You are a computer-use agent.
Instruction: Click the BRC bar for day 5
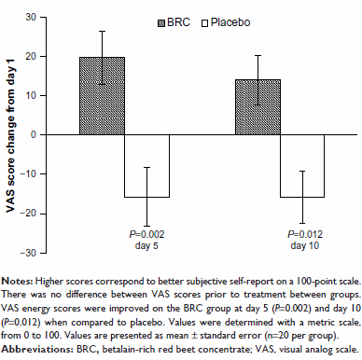coord(102,96)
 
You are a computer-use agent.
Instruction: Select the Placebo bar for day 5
coord(146,166)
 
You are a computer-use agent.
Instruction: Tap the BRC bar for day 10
coord(258,107)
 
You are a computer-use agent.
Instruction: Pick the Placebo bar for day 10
coord(302,166)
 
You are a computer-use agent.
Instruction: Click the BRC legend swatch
coord(161,23)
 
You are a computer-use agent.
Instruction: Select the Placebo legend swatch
coord(204,23)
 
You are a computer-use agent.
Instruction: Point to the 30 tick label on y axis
coord(31,17)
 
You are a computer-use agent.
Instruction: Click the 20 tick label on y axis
coord(31,56)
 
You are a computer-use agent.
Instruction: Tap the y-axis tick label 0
coord(34,134)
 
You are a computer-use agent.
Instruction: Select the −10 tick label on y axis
coord(28,174)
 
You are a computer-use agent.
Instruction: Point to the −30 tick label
coord(28,253)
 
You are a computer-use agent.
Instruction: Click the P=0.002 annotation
coord(146,234)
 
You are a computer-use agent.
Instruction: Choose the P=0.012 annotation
coord(305,234)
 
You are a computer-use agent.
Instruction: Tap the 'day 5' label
coord(146,245)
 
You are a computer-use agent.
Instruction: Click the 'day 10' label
coord(305,245)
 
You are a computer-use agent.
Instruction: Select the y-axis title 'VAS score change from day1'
coord(10,135)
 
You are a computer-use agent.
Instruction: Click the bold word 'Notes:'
coord(17,282)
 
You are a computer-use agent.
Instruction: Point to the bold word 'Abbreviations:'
coord(37,349)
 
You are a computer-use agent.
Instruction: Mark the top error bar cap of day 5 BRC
coord(102,31)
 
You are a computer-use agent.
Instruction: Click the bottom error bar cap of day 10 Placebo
coord(302,223)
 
